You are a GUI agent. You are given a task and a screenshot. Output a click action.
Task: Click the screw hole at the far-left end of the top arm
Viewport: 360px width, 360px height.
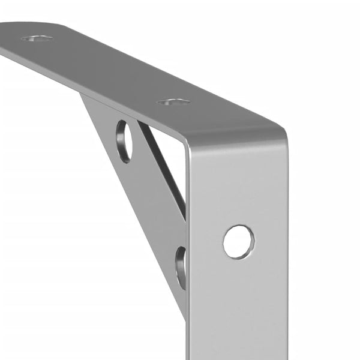click(36, 38)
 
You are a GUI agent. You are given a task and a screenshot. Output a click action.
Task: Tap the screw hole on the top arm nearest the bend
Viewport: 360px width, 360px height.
click(174, 102)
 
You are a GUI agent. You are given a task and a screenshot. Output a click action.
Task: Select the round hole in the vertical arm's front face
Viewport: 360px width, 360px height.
click(238, 242)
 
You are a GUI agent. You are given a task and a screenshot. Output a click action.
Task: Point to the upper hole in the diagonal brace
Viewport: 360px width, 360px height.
click(124, 141)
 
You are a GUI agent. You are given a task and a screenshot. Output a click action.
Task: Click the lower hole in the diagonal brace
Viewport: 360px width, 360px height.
click(181, 267)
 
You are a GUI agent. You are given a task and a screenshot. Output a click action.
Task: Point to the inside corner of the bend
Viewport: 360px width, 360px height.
click(185, 144)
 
